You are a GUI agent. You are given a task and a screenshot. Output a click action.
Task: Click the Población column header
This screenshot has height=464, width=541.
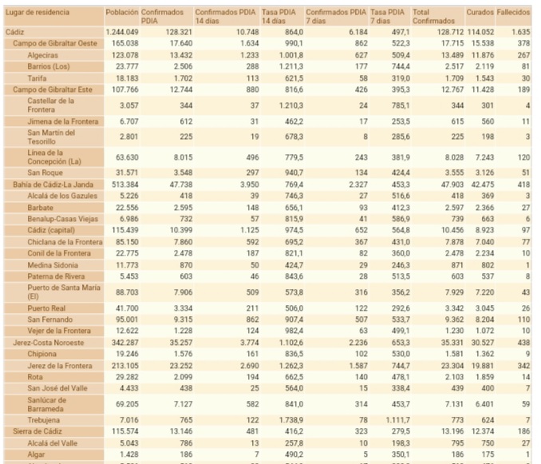click(x=121, y=14)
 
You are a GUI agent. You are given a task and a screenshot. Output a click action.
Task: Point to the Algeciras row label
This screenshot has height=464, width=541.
click(x=42, y=54)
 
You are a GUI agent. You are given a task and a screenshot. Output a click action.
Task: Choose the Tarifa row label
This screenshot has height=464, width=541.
click(x=37, y=78)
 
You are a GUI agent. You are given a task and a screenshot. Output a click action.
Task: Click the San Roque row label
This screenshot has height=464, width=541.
click(x=45, y=173)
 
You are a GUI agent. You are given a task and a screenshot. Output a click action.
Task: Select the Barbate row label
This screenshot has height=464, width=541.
click(x=41, y=207)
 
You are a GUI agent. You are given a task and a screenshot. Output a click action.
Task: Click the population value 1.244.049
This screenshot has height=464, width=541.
click(x=121, y=30)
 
